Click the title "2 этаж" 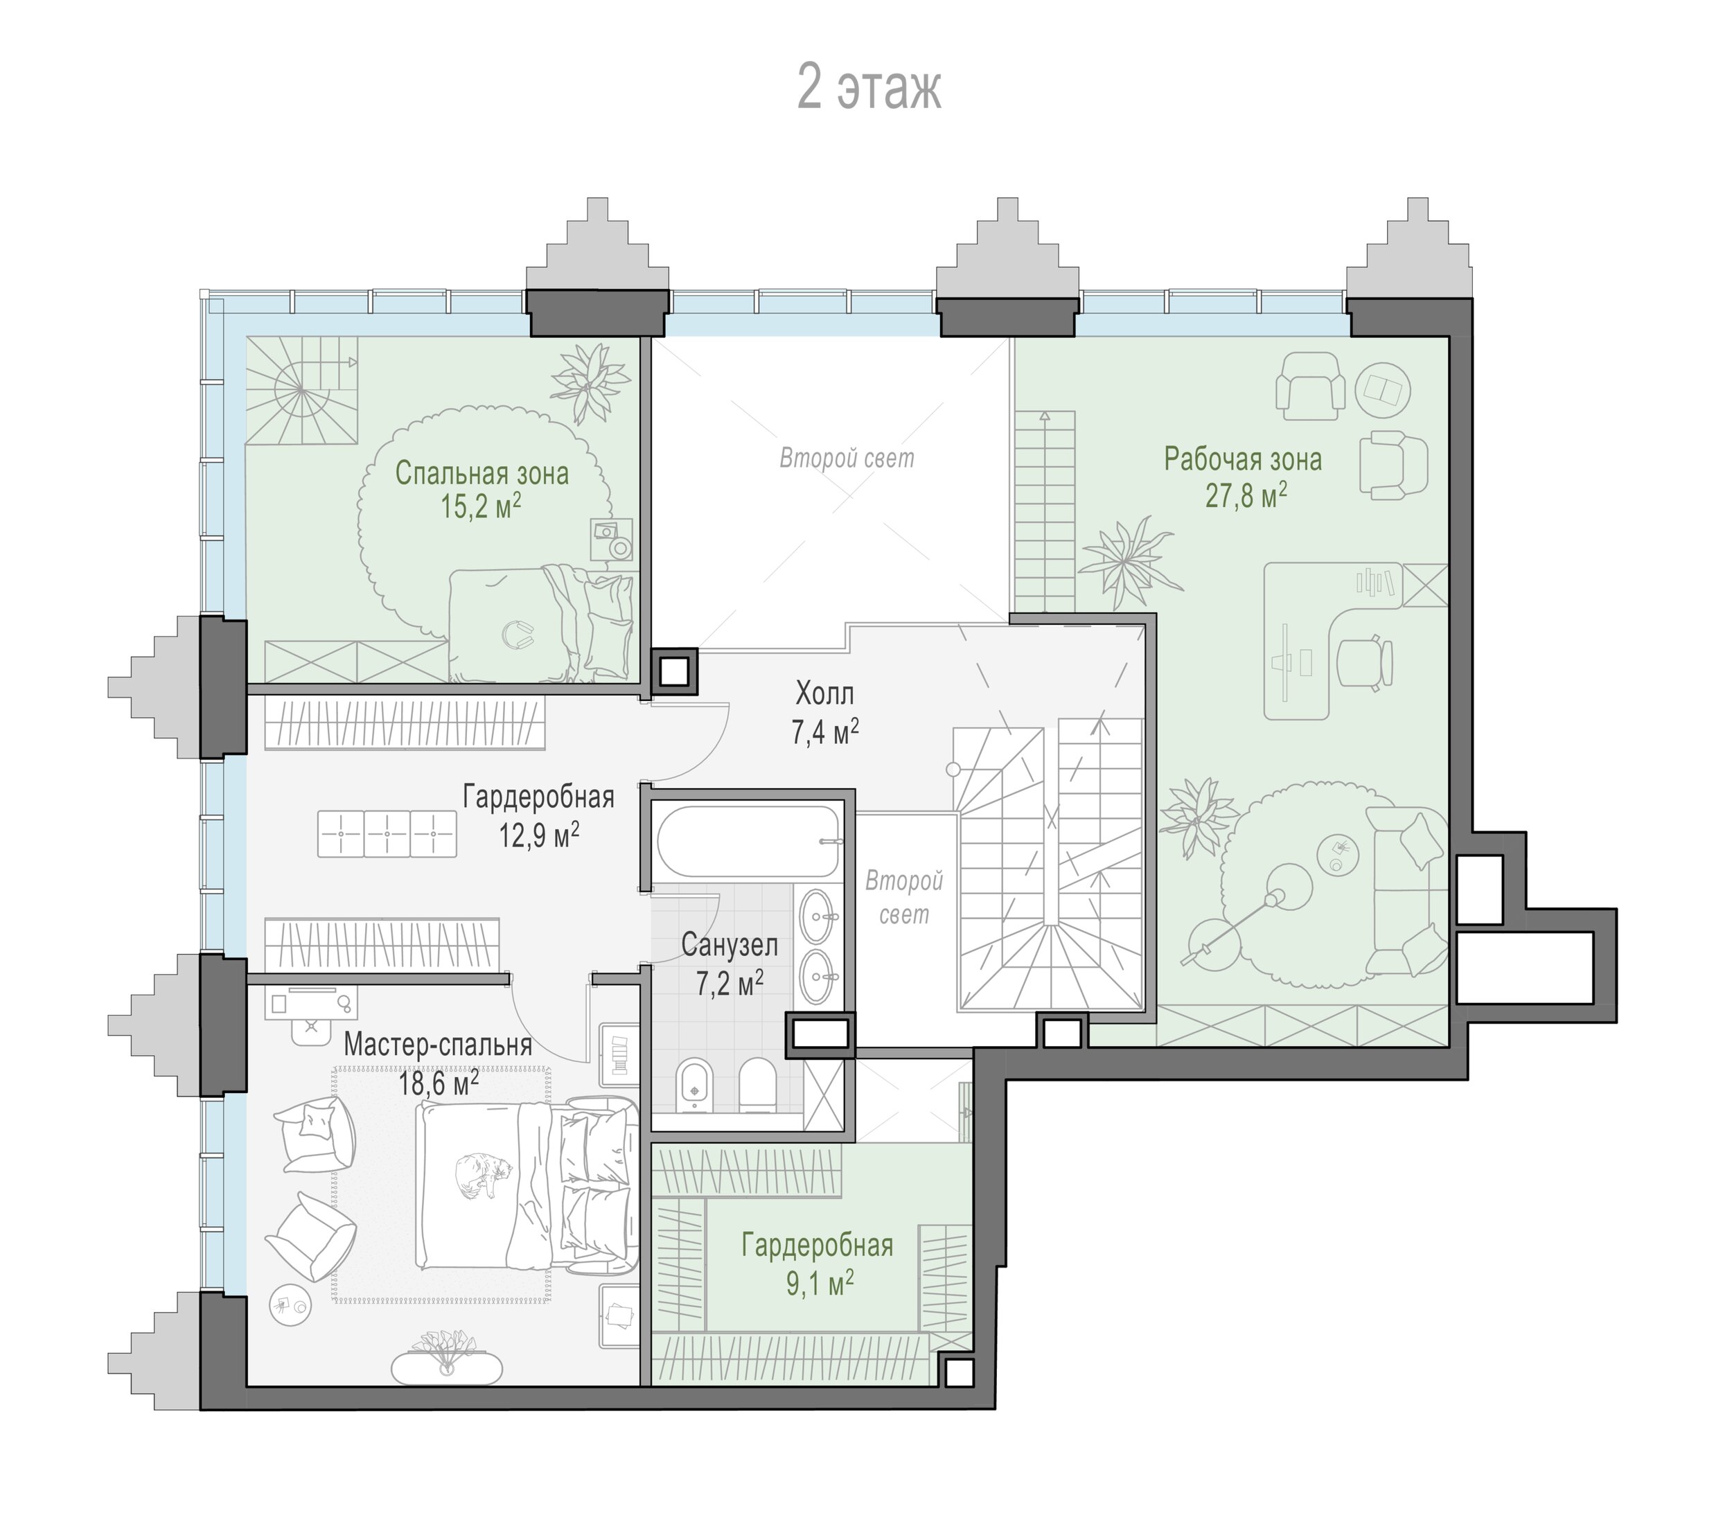click(x=869, y=88)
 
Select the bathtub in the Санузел click(x=749, y=840)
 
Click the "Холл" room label click(x=824, y=694)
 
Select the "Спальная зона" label click(x=481, y=472)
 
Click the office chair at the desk click(x=1365, y=661)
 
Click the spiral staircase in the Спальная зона click(x=301, y=390)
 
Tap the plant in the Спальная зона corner click(x=590, y=383)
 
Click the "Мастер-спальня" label click(x=437, y=1045)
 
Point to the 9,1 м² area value click(x=820, y=1284)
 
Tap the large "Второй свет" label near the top click(x=847, y=459)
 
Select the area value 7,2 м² click(x=730, y=984)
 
